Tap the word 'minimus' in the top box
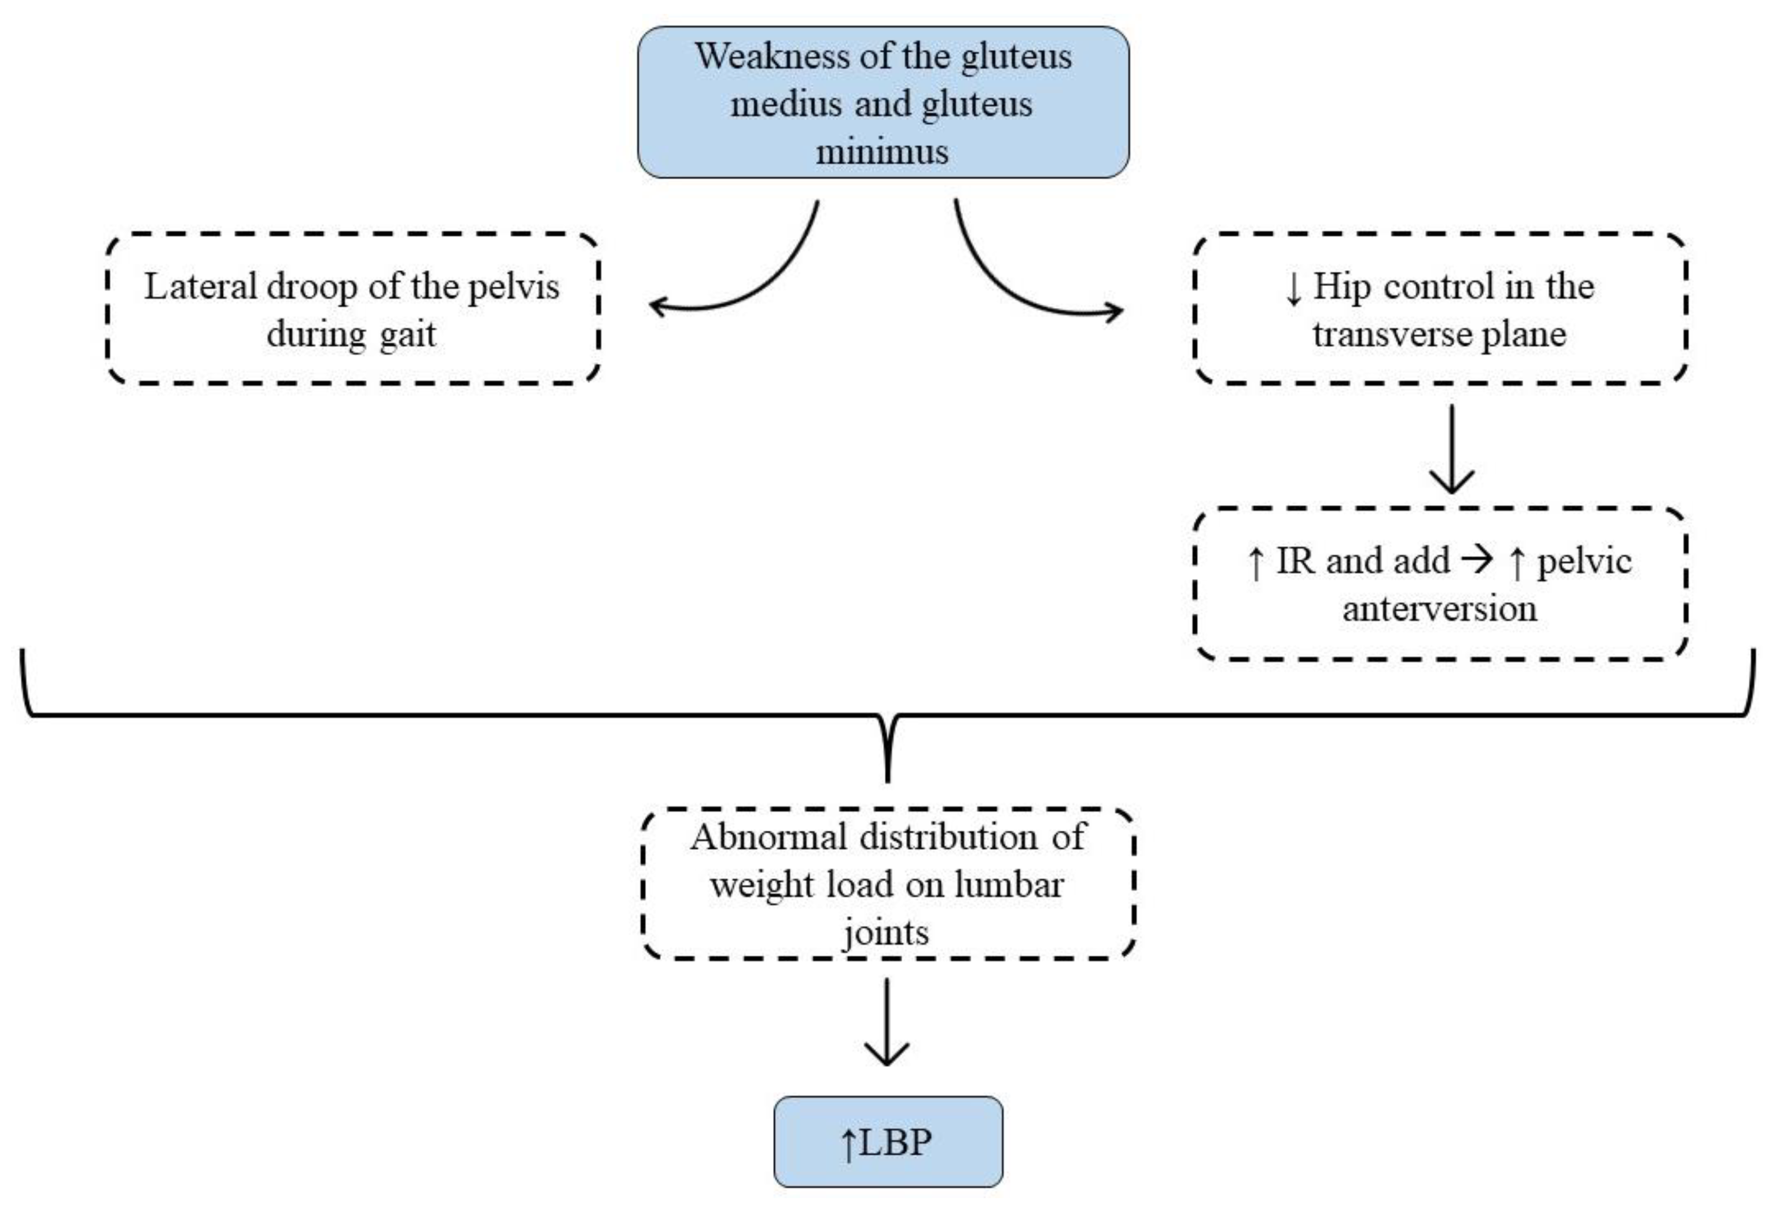[x=882, y=152]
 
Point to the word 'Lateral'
[x=200, y=287]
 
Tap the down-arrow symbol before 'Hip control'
[x=1293, y=289]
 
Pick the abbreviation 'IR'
[x=1295, y=561]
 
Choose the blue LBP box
[x=887, y=1141]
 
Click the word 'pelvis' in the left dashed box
[x=514, y=287]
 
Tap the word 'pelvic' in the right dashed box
[x=1584, y=561]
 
